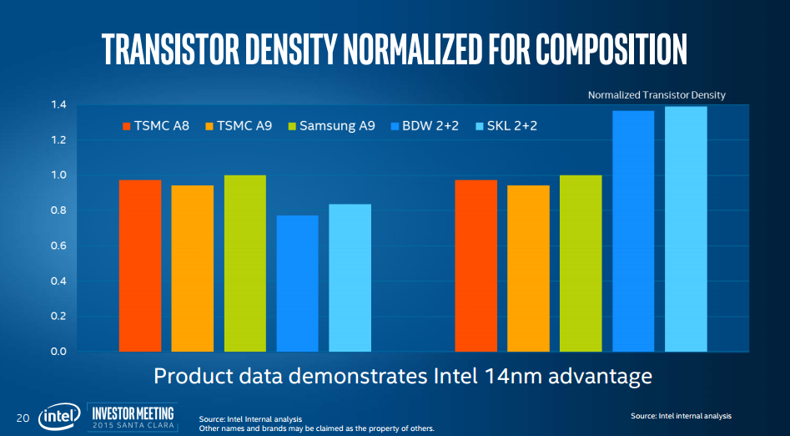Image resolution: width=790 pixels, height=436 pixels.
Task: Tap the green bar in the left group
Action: (244, 262)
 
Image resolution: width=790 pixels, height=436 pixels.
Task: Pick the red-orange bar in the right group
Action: (476, 265)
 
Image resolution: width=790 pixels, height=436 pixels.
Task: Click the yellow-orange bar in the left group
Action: (193, 267)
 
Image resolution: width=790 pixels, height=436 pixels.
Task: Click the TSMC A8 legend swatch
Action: (127, 126)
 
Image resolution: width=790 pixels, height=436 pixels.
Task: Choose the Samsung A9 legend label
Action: (337, 126)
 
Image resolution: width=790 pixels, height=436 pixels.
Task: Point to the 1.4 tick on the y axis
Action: (58, 105)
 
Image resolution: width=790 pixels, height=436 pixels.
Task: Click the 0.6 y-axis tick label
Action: (58, 246)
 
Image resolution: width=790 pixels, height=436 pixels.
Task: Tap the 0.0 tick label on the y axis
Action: (58, 351)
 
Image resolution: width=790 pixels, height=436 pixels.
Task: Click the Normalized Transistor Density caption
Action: (657, 95)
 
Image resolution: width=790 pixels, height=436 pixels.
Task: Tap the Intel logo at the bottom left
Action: (58, 416)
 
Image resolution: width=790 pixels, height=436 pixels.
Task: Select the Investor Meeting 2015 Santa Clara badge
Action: (131, 415)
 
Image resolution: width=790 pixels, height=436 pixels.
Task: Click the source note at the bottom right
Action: (681, 416)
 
